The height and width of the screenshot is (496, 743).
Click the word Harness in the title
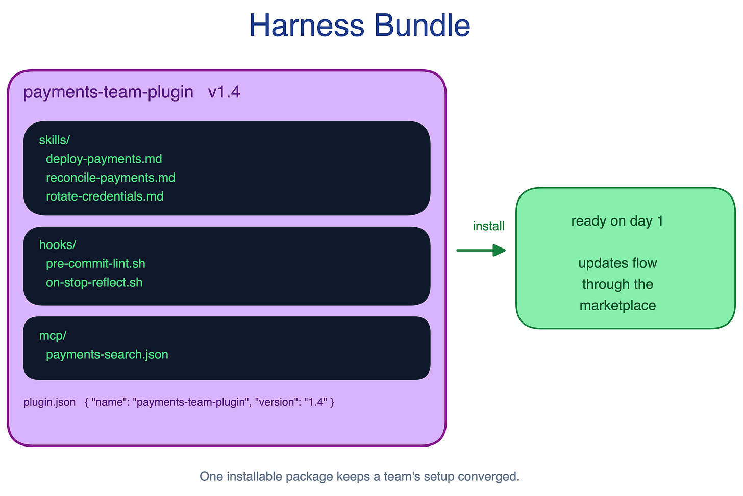pyautogui.click(x=307, y=25)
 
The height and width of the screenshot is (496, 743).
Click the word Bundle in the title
pyautogui.click(x=422, y=25)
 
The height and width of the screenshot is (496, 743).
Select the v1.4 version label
pyautogui.click(x=224, y=92)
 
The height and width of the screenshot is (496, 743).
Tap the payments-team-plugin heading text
pyautogui.click(x=108, y=92)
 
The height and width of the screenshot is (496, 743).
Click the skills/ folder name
pyautogui.click(x=55, y=140)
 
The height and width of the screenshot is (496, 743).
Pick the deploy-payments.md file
pyautogui.click(x=104, y=159)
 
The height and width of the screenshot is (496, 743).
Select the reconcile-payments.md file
pyautogui.click(x=110, y=178)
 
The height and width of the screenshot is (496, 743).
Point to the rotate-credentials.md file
pyautogui.click(x=105, y=196)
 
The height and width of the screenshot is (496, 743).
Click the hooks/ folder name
pyautogui.click(x=57, y=245)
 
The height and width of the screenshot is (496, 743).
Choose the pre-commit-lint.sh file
pyautogui.click(x=95, y=264)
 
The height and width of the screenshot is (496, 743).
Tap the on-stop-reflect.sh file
pyautogui.click(x=94, y=283)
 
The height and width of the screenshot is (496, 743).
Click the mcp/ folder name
pyautogui.click(x=53, y=336)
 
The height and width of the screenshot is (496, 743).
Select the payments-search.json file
pyautogui.click(x=107, y=355)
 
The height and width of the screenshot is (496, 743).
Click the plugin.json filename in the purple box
pyautogui.click(x=49, y=402)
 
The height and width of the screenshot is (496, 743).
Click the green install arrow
pyautogui.click(x=481, y=250)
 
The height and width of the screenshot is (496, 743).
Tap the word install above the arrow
pyautogui.click(x=488, y=226)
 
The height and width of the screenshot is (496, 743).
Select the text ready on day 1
pyautogui.click(x=617, y=221)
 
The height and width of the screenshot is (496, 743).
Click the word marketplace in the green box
pyautogui.click(x=617, y=306)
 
